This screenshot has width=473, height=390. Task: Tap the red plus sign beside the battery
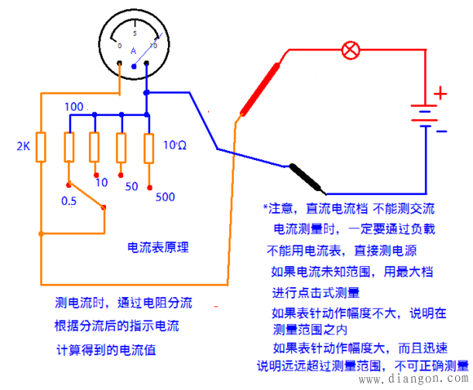point(440,95)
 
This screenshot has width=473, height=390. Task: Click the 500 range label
point(165,196)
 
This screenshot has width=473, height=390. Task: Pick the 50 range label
point(130,187)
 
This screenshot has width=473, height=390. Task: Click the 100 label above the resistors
point(73,107)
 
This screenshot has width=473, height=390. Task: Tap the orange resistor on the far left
point(42,148)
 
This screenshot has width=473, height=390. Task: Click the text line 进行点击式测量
point(316,291)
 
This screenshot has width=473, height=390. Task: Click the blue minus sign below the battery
point(440,131)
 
